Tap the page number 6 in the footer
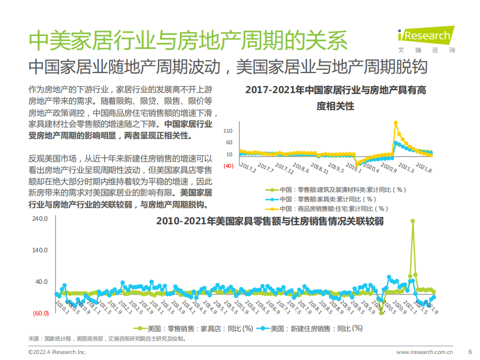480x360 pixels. click(x=469, y=351)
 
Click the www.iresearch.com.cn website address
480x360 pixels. click(x=424, y=352)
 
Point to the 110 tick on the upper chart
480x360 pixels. click(x=228, y=131)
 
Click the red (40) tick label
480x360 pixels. click(x=228, y=166)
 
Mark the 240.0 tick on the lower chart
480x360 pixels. click(x=40, y=219)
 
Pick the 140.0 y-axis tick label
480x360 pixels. click(x=40, y=250)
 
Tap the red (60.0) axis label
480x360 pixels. click(x=40, y=313)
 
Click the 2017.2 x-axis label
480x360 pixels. click(x=248, y=167)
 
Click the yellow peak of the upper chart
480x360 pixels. click(x=396, y=123)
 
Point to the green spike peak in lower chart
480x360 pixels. click(x=412, y=221)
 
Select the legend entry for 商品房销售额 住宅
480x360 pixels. click(x=334, y=209)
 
